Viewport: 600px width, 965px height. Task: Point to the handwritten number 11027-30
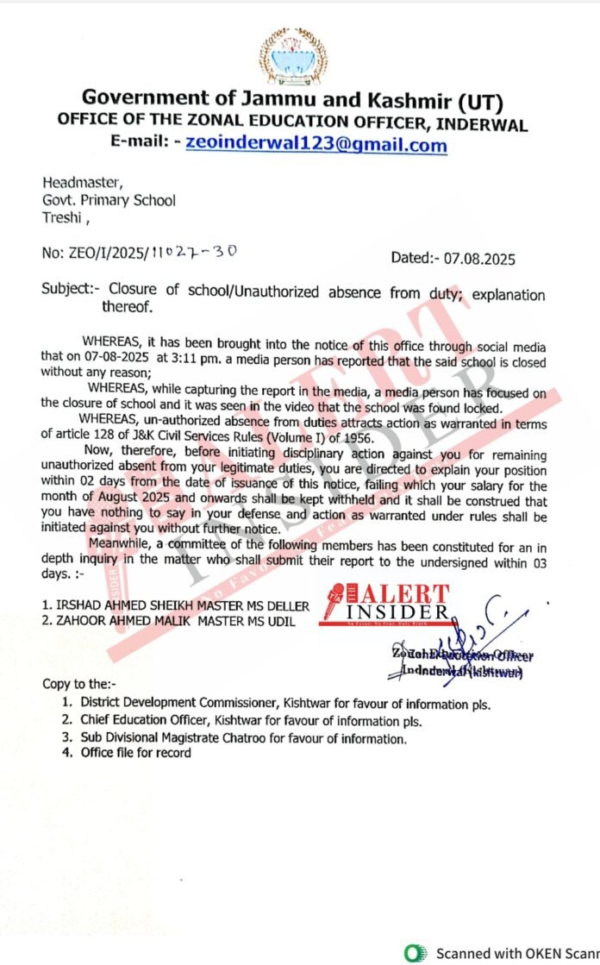pyautogui.click(x=195, y=252)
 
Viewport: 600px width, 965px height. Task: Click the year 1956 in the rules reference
pyautogui.click(x=353, y=438)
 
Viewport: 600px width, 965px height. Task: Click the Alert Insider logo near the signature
pyautogui.click(x=388, y=602)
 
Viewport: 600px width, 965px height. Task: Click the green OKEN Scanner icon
pyautogui.click(x=416, y=953)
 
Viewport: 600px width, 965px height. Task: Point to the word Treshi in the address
pyautogui.click(x=60, y=217)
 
